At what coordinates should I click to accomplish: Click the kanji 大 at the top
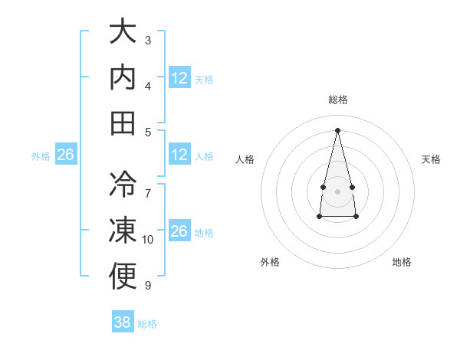click(x=123, y=32)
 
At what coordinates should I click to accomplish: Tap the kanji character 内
click(x=123, y=77)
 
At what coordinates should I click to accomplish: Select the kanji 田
click(x=123, y=123)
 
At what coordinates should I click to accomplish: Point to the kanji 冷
click(x=123, y=185)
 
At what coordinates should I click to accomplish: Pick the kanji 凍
click(x=123, y=231)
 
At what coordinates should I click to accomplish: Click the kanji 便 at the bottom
click(x=123, y=277)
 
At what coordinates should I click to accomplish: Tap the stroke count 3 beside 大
click(x=148, y=39)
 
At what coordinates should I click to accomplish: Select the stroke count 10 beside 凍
click(x=148, y=240)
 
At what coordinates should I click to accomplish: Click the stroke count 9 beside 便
click(x=147, y=286)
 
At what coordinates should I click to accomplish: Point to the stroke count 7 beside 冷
click(x=148, y=186)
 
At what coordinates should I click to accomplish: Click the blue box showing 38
click(x=123, y=322)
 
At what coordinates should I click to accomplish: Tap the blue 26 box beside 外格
click(x=65, y=155)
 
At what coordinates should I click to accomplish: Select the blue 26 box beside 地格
click(x=179, y=231)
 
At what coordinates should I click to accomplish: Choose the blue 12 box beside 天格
click(x=179, y=77)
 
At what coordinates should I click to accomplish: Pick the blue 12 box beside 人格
click(x=179, y=155)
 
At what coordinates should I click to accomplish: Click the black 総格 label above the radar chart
click(x=338, y=100)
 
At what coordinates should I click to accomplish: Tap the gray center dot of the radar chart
click(x=337, y=190)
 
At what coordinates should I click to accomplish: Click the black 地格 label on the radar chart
click(x=402, y=262)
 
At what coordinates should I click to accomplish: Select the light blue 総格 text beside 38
click(x=147, y=324)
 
